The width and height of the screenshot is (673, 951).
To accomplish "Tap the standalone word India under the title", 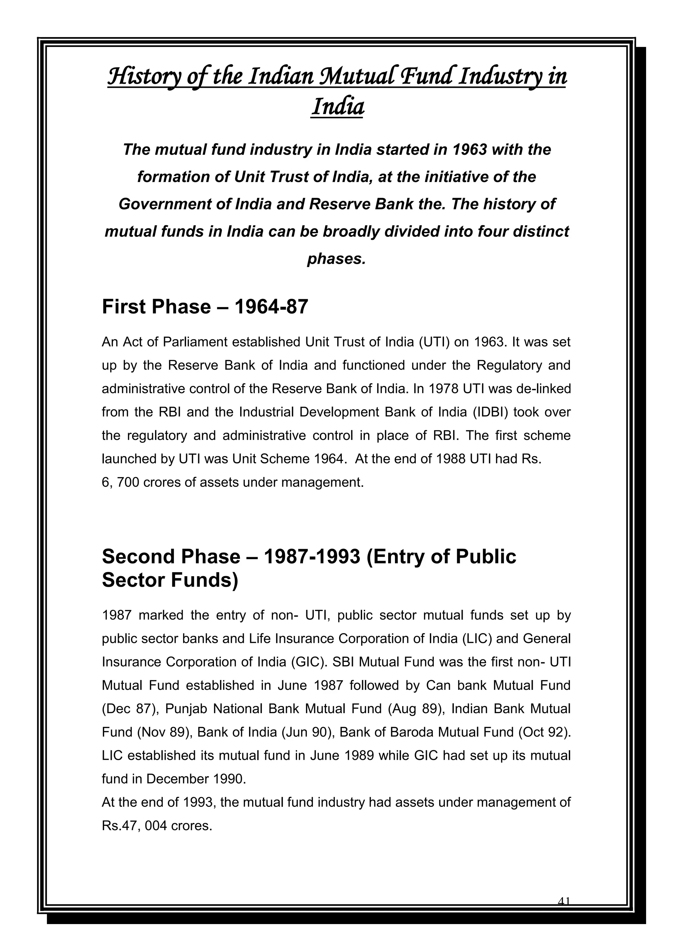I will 337,106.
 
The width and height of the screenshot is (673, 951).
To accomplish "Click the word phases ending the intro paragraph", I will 336,259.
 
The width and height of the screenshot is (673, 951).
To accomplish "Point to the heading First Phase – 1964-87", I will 205,307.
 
